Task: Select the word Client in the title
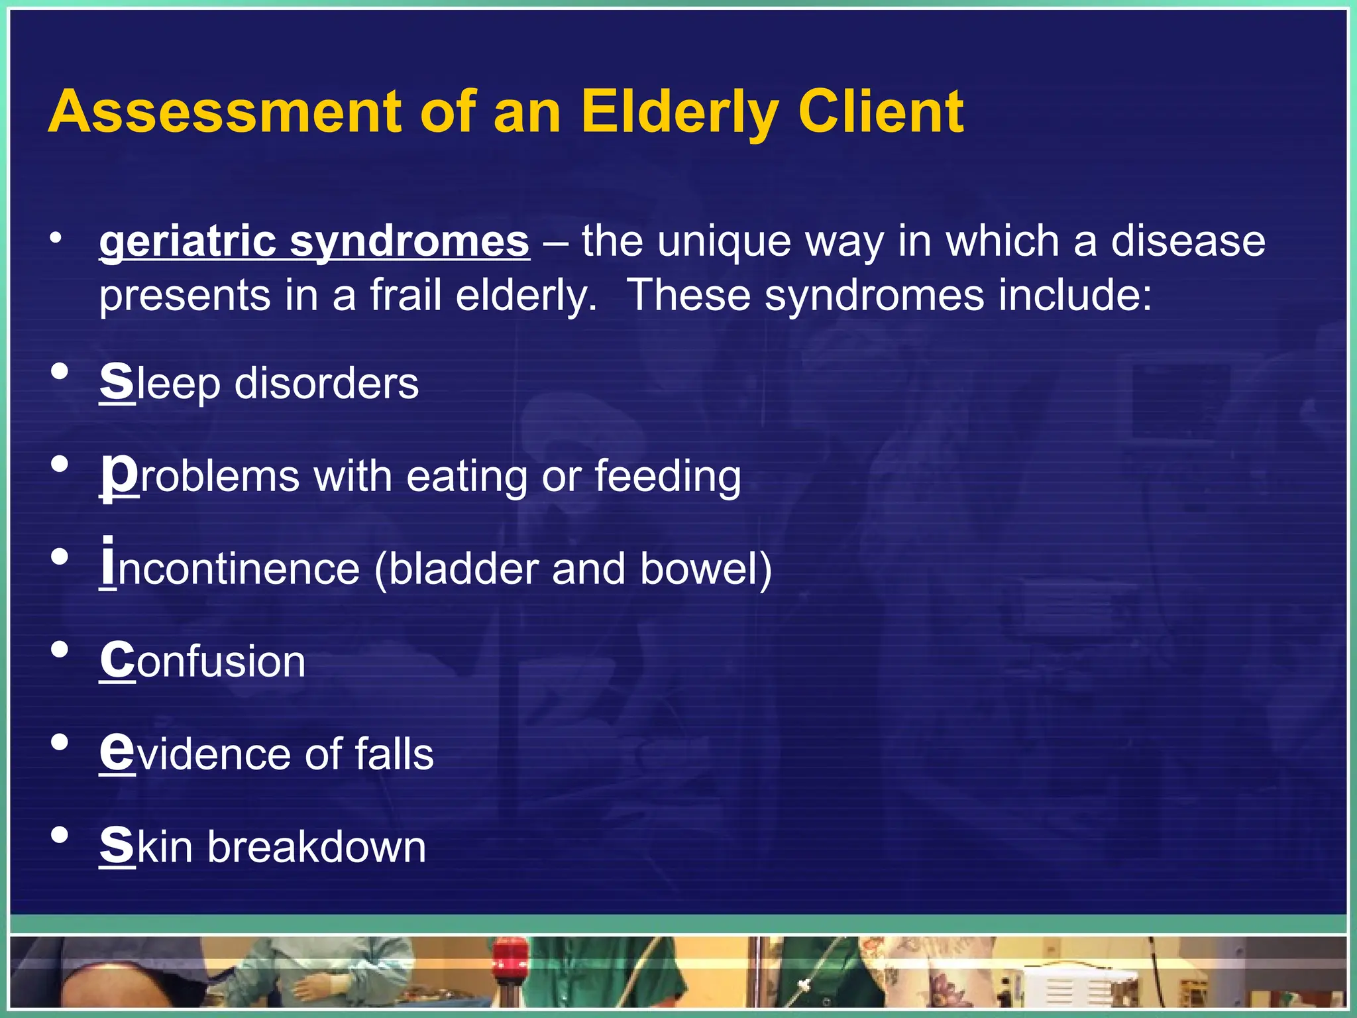(881, 113)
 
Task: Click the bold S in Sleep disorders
(117, 382)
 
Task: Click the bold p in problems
(119, 476)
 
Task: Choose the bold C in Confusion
(117, 661)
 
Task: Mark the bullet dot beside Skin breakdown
(60, 835)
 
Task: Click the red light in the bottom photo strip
(510, 954)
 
